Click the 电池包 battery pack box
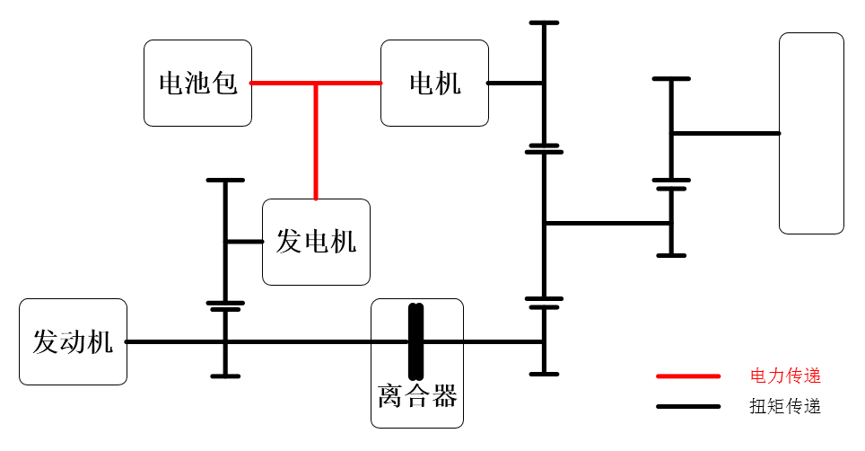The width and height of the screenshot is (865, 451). point(197,83)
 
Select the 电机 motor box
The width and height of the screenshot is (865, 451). point(434,83)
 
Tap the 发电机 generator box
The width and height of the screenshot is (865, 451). point(316,242)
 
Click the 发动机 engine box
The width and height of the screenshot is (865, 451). point(73,341)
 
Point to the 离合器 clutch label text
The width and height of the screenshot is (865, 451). point(417,396)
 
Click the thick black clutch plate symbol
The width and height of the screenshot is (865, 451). point(416,341)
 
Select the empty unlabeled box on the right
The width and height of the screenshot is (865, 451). point(811,134)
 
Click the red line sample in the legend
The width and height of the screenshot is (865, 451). point(688,376)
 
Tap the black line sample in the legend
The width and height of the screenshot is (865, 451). point(688,407)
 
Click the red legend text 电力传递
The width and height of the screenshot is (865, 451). point(785,376)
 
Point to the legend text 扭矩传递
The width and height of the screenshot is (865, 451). point(785,406)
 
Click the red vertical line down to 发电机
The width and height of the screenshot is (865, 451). point(316,141)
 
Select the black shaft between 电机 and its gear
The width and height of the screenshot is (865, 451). point(515,84)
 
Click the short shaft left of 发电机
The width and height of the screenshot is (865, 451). point(243,242)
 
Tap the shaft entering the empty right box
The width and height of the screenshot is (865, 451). point(725,134)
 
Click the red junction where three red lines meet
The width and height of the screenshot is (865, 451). point(316,84)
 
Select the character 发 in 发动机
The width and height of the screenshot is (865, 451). point(46,341)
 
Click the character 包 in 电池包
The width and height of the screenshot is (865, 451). point(224,83)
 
